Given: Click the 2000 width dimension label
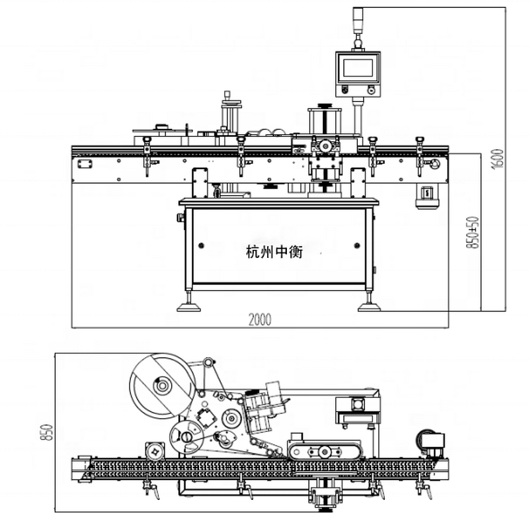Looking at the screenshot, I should [x=260, y=319].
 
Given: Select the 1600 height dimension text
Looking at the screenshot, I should [x=499, y=159].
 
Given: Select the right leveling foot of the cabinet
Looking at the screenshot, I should [x=369, y=305].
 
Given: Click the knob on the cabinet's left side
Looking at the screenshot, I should [x=179, y=218].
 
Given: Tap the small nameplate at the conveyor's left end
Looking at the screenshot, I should [x=83, y=163].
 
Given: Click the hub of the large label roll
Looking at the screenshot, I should [x=159, y=385].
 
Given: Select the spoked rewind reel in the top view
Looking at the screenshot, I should [x=187, y=436].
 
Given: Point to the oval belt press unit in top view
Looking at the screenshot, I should [x=325, y=452].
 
